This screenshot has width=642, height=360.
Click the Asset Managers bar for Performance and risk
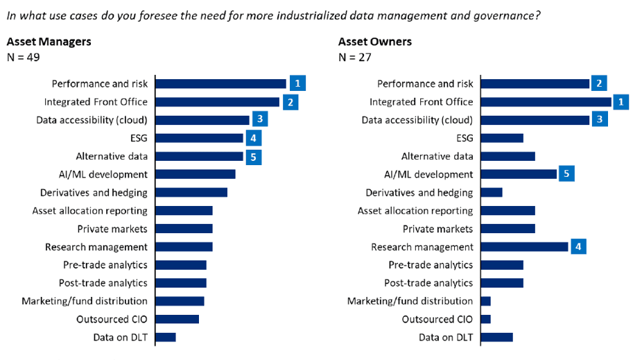[x=220, y=84]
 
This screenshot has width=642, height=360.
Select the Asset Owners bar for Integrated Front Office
[x=546, y=102]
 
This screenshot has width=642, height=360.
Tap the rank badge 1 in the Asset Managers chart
[x=297, y=84]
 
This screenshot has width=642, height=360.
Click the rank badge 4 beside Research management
[x=579, y=247]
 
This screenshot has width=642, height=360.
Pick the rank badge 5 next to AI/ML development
[x=566, y=174]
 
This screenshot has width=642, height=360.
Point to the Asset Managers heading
[x=49, y=42]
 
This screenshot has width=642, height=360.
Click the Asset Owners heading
[x=375, y=42]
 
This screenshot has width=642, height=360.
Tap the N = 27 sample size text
[x=355, y=57]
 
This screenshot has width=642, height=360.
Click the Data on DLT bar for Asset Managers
[x=166, y=337]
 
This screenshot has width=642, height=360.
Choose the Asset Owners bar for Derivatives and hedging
[x=491, y=192]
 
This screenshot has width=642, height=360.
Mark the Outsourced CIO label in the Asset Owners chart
[x=437, y=319]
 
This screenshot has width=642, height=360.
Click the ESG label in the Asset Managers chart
[x=139, y=138]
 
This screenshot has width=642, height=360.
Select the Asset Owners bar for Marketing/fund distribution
[x=485, y=301]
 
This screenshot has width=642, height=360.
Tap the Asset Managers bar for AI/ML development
[x=196, y=174]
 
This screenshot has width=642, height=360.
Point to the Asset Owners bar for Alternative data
[x=507, y=156]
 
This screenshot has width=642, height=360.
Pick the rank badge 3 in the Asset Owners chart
[x=601, y=120]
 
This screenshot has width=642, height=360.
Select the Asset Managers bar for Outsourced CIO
[x=177, y=319]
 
